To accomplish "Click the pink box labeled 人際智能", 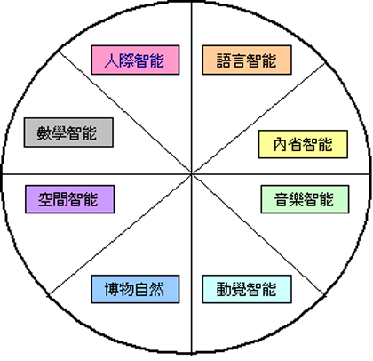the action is click(x=135, y=60).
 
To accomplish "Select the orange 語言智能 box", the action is click(x=247, y=60).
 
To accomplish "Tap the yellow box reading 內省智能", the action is click(x=303, y=144).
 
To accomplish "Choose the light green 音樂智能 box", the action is click(x=305, y=199).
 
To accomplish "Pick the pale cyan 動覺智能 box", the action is click(x=247, y=289).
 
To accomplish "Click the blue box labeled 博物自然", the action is click(x=135, y=289).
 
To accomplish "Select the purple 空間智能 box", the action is click(x=70, y=199).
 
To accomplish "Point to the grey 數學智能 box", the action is click(x=68, y=132).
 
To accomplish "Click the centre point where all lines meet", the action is click(x=192, y=174).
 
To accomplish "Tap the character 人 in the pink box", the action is click(x=112, y=60).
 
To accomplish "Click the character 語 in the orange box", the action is click(x=224, y=60).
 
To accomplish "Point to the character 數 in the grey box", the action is click(x=44, y=132).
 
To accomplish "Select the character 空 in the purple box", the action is click(x=45, y=199).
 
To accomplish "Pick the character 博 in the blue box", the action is click(x=112, y=289).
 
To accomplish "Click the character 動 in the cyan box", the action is click(x=224, y=289).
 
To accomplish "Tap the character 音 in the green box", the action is click(x=282, y=199).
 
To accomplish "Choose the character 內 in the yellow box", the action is click(x=281, y=144).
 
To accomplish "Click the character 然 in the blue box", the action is click(x=156, y=289).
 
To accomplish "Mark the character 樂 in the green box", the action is click(x=297, y=199).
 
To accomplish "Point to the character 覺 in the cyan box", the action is click(x=239, y=289).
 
